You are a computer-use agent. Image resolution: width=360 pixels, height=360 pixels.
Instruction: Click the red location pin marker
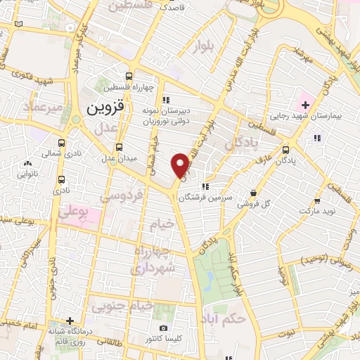click(181, 165)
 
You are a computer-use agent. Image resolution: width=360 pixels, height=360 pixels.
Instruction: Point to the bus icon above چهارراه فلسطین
click(128, 77)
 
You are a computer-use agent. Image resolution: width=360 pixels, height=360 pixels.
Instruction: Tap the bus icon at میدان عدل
click(118, 148)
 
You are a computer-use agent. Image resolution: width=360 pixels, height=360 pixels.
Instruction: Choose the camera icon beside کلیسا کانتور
click(163, 328)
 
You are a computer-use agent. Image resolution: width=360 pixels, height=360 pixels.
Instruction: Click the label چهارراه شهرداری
click(158, 258)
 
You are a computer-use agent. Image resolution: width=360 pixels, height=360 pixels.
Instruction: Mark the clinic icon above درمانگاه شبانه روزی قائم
click(69, 319)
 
